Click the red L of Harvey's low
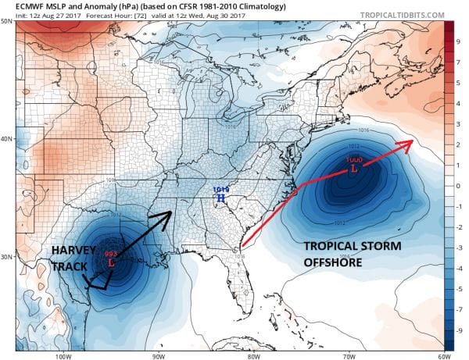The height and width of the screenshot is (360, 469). [x=111, y=264]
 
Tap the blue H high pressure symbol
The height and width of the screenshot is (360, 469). [x=220, y=199]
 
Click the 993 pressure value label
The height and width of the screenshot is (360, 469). [x=109, y=255]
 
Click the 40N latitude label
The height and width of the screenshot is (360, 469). [x=8, y=139]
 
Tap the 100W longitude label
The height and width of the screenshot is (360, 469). [x=63, y=355]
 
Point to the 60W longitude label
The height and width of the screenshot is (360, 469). [x=442, y=355]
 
